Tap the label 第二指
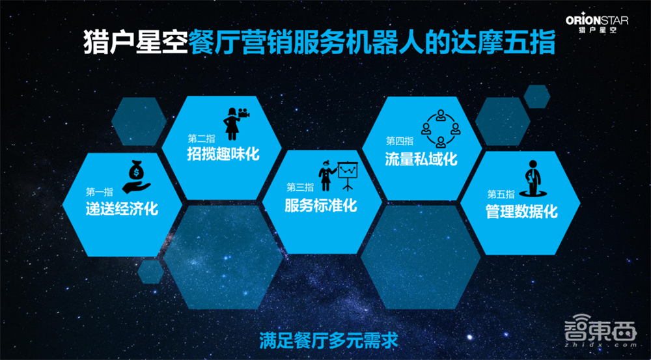201,139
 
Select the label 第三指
299,187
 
